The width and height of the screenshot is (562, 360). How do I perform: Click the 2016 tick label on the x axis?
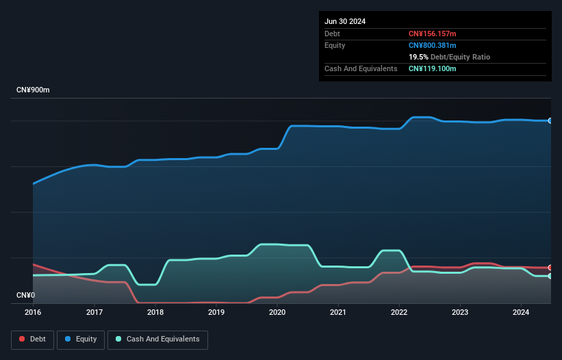pyautogui.click(x=33, y=312)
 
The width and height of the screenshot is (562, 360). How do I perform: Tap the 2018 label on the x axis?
pyautogui.click(x=155, y=312)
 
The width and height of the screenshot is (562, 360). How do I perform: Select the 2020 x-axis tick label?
pyautogui.click(x=277, y=312)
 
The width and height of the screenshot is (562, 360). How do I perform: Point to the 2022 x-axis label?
pyautogui.click(x=399, y=312)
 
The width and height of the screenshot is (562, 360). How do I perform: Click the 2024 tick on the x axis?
pyautogui.click(x=521, y=312)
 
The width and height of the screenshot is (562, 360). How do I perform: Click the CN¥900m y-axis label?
pyautogui.click(x=33, y=90)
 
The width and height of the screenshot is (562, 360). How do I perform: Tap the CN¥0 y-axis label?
pyautogui.click(x=25, y=296)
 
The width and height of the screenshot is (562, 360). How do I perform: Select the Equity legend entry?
pyautogui.click(x=81, y=339)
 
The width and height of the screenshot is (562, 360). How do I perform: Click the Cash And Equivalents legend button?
pyautogui.click(x=157, y=339)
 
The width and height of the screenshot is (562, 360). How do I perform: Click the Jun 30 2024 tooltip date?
pyautogui.click(x=345, y=21)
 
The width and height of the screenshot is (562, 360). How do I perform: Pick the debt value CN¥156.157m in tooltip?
pyautogui.click(x=432, y=34)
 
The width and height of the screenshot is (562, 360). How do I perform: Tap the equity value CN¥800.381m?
pyautogui.click(x=432, y=45)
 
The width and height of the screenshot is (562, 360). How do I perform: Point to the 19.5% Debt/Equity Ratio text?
pyautogui.click(x=449, y=57)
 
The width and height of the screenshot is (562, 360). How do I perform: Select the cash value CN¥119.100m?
pyautogui.click(x=432, y=68)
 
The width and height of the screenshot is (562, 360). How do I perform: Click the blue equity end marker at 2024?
pyautogui.click(x=550, y=120)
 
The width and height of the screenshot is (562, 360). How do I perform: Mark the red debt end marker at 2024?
pyautogui.click(x=550, y=268)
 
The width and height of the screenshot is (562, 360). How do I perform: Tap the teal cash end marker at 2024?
pyautogui.click(x=550, y=276)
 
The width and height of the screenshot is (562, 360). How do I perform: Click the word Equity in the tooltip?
pyautogui.click(x=335, y=45)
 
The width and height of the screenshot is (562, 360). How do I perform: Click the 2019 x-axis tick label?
pyautogui.click(x=216, y=312)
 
